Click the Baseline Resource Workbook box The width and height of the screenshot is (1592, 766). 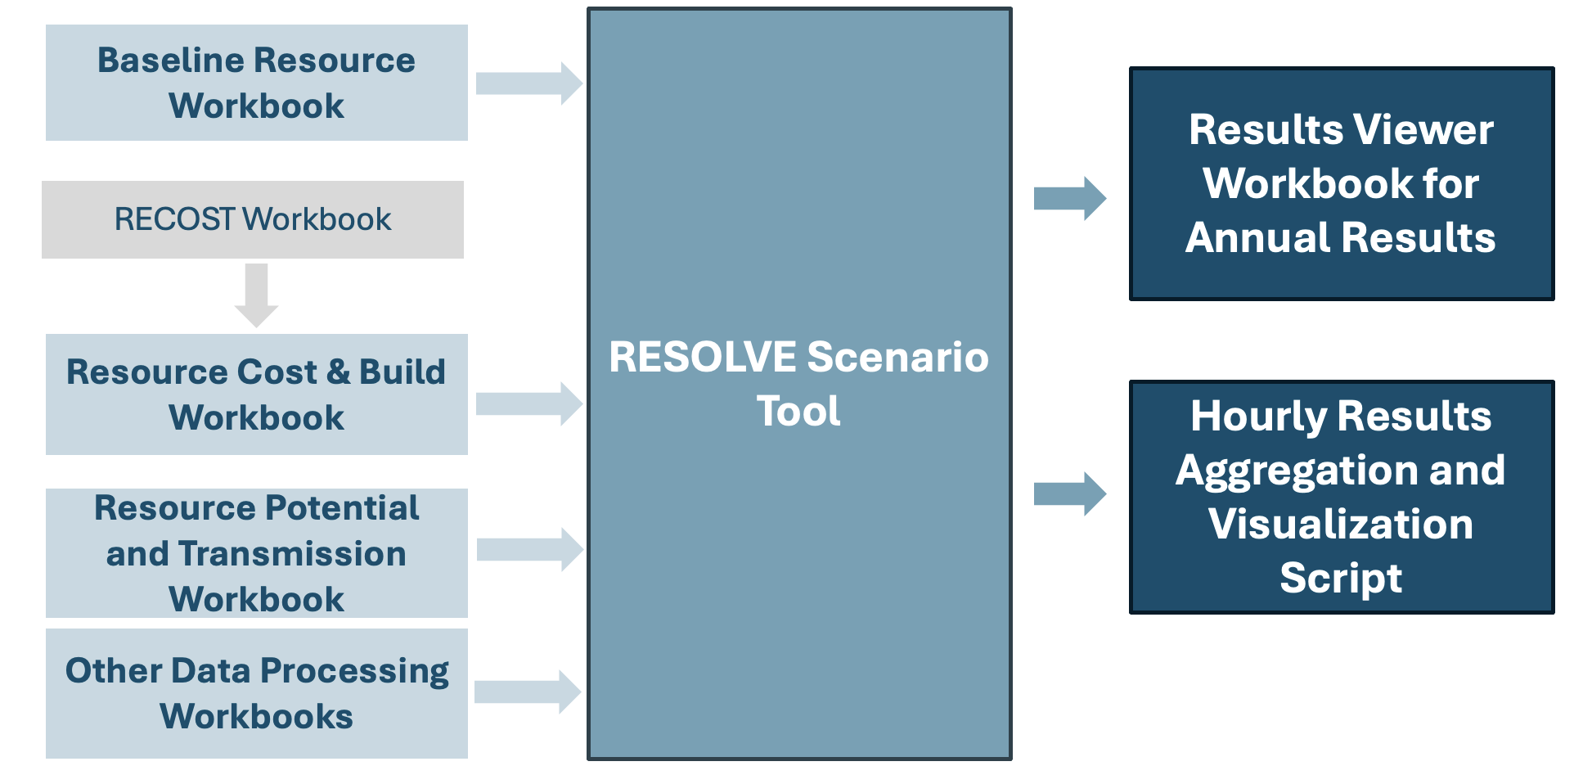click(x=256, y=83)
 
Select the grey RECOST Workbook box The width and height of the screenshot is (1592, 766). click(x=253, y=219)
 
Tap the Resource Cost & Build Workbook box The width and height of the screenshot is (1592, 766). click(x=256, y=394)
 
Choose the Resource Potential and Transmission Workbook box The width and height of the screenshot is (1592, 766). click(x=256, y=553)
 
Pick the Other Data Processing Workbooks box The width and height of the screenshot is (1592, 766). click(x=256, y=693)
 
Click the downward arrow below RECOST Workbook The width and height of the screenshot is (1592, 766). click(x=256, y=295)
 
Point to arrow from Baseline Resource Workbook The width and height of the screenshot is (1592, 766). click(x=528, y=83)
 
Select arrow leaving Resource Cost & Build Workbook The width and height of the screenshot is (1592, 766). click(x=528, y=403)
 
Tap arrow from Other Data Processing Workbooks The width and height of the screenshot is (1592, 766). click(x=528, y=692)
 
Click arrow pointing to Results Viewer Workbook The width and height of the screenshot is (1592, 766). click(x=1069, y=198)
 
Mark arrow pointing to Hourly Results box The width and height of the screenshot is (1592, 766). click(x=1069, y=493)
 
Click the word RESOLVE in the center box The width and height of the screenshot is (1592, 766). click(x=703, y=357)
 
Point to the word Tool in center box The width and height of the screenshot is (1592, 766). click(x=798, y=411)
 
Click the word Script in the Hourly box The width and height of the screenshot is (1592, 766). click(x=1341, y=578)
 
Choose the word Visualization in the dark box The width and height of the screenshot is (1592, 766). click(x=1341, y=524)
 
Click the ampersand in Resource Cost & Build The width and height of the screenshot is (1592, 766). click(x=338, y=372)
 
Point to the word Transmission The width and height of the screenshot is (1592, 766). click(x=292, y=554)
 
